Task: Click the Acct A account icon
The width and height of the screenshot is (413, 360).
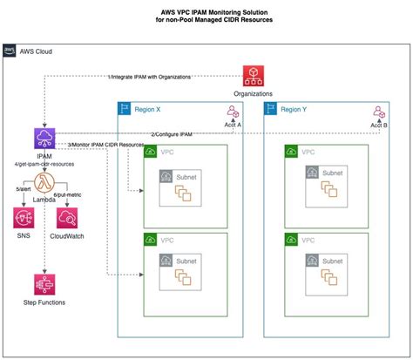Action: coord(233,112)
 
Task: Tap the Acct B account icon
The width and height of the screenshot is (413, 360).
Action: coord(379,112)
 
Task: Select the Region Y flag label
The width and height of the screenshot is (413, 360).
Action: coord(271,109)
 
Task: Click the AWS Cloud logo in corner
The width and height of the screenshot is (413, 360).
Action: coord(10,51)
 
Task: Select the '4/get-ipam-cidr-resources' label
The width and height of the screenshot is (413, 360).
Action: coord(44,163)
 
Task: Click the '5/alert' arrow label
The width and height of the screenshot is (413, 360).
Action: coord(26,189)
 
